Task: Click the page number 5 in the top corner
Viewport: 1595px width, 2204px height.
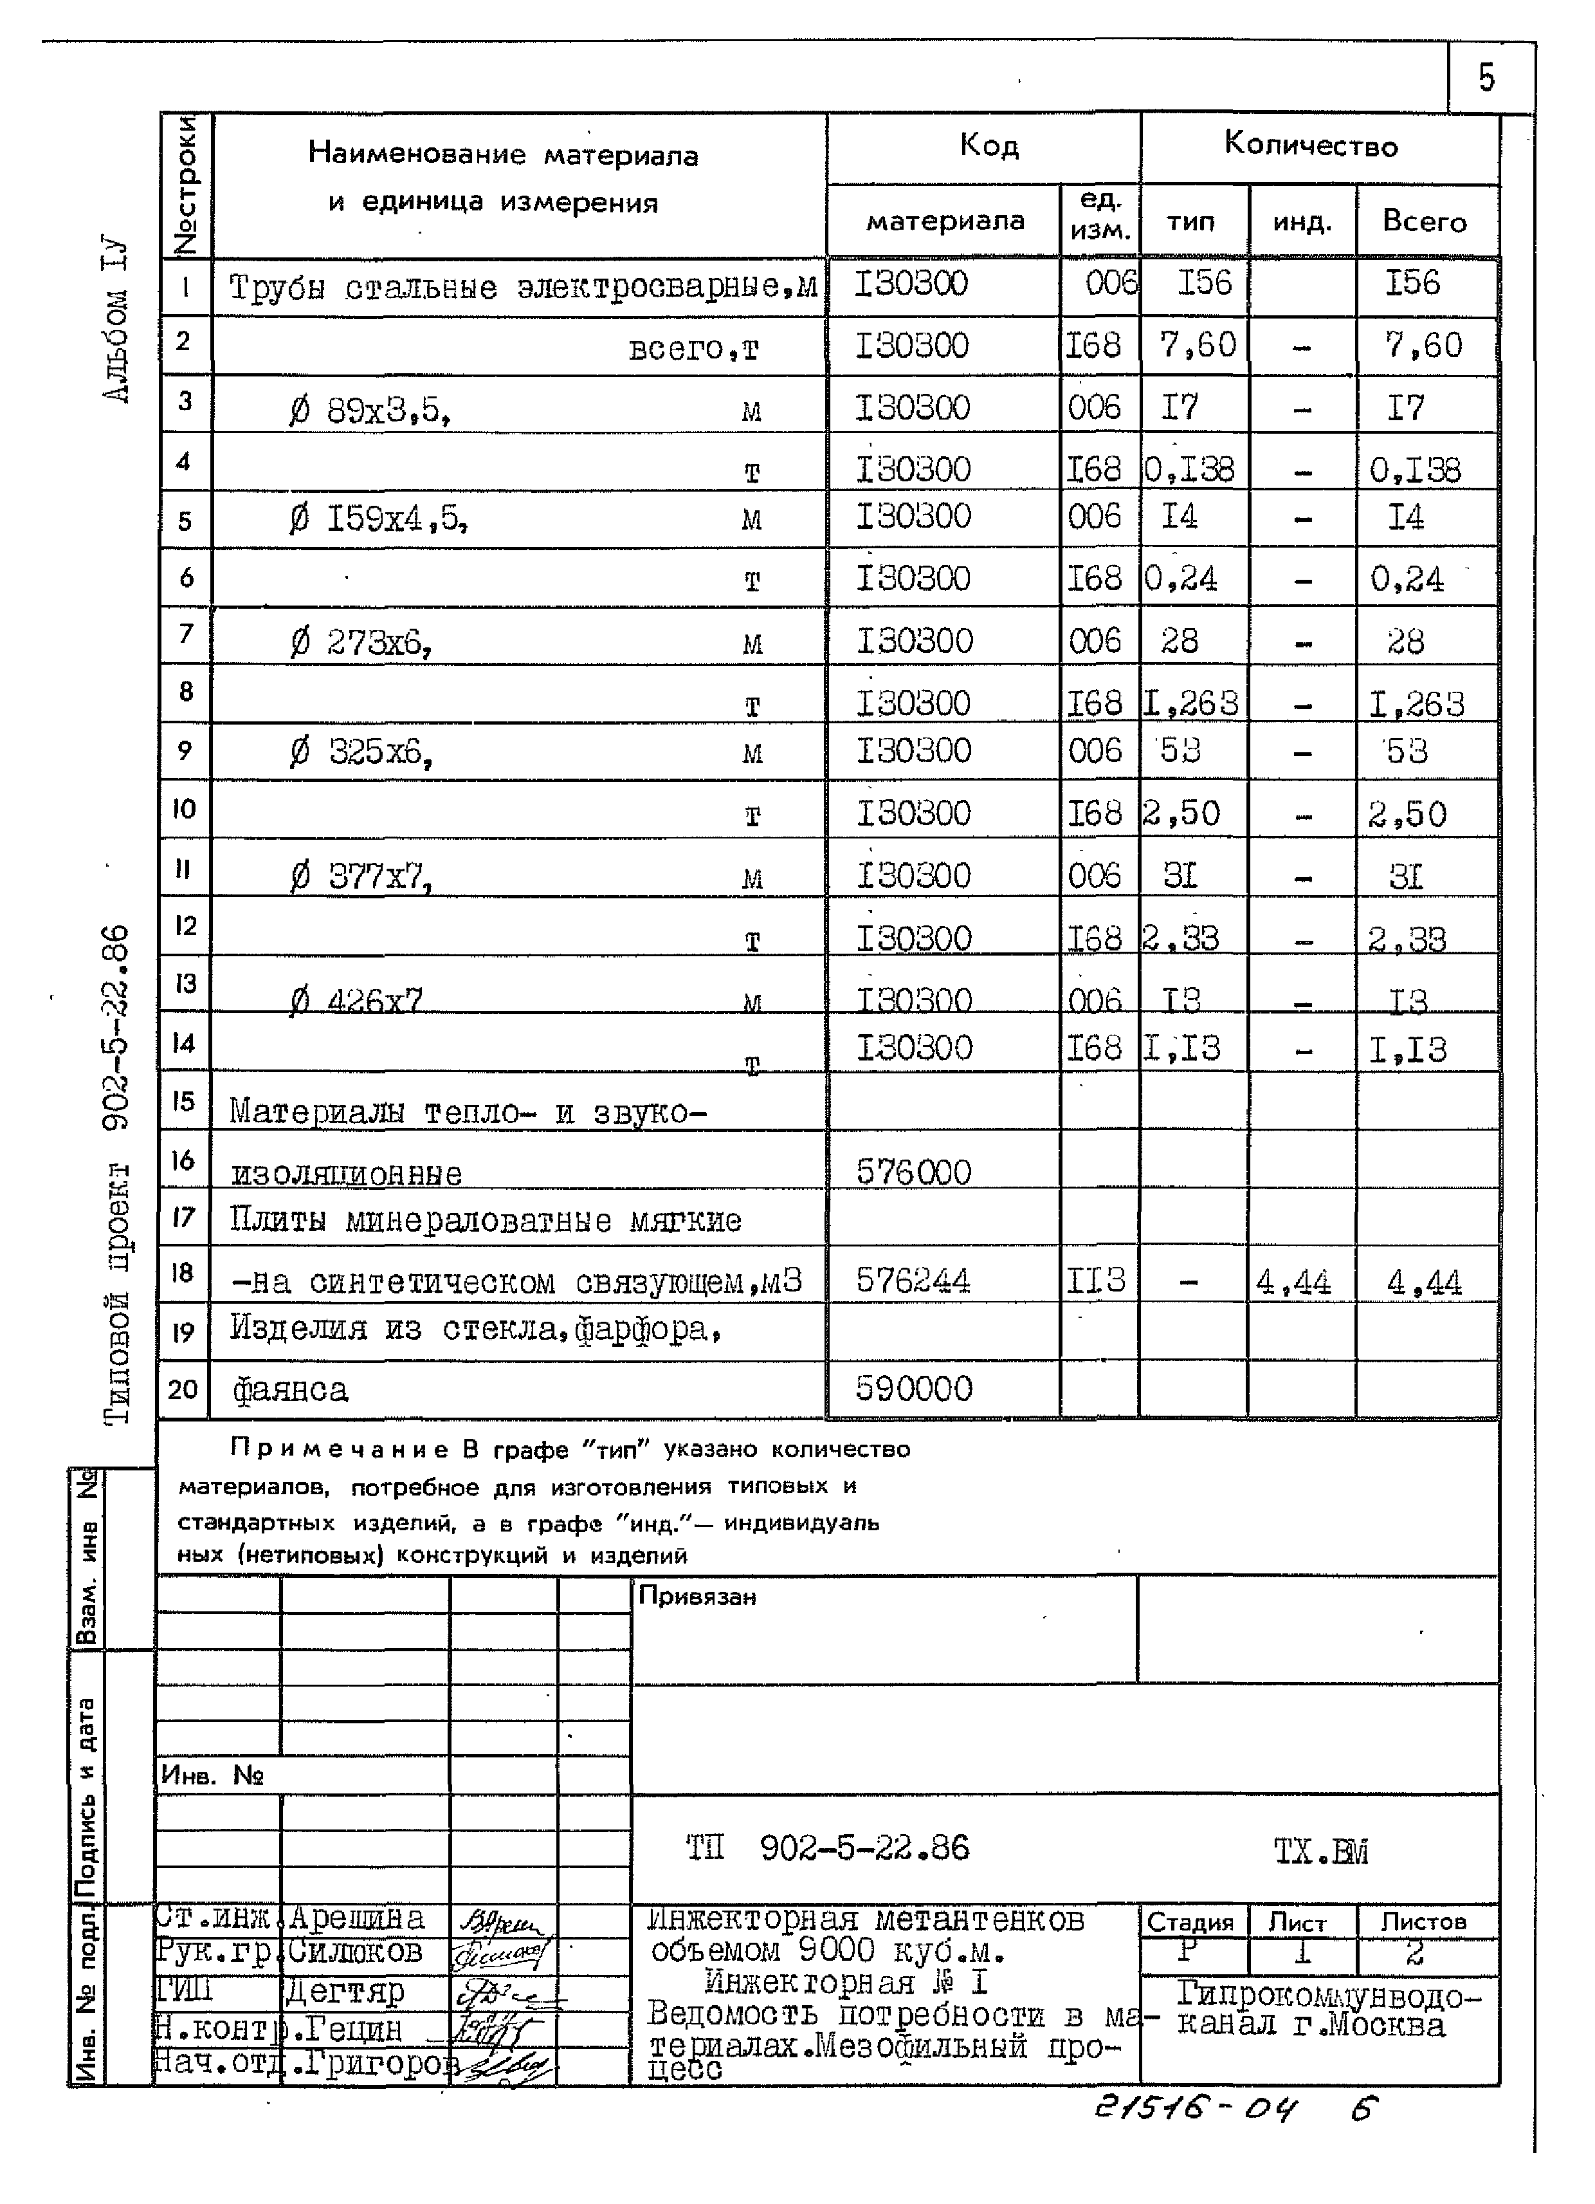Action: (1486, 78)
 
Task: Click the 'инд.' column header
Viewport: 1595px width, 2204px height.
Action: (1302, 223)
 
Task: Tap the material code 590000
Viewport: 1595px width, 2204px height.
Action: (913, 1389)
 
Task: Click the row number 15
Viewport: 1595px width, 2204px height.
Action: (183, 1101)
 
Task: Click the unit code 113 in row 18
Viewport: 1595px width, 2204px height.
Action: (1096, 1281)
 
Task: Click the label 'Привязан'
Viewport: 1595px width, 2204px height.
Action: (697, 1596)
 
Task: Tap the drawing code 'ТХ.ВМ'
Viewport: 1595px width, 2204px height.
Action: (1321, 1852)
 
